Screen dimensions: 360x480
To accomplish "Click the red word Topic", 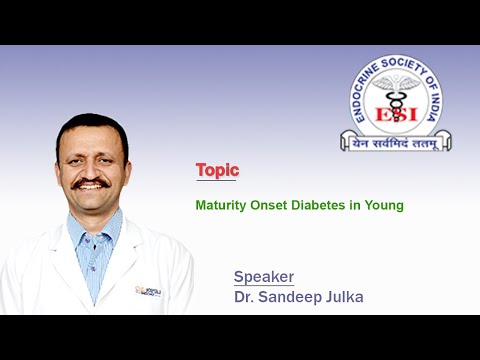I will (x=217, y=171).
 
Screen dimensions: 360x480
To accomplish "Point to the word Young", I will (x=384, y=205).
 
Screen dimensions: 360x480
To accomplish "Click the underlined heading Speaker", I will (x=264, y=276).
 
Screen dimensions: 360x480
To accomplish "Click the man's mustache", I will (x=91, y=183).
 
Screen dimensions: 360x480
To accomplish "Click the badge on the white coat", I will (x=150, y=292).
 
